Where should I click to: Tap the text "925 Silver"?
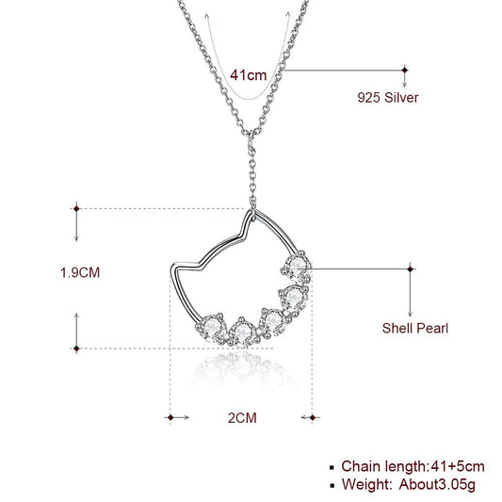[x=386, y=97]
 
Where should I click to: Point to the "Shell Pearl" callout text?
[x=414, y=329]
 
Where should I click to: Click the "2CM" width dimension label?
[x=241, y=414]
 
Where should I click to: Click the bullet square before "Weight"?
[x=331, y=486]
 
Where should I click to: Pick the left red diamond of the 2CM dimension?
[x=170, y=415]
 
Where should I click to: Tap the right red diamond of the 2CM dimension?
[x=312, y=415]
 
